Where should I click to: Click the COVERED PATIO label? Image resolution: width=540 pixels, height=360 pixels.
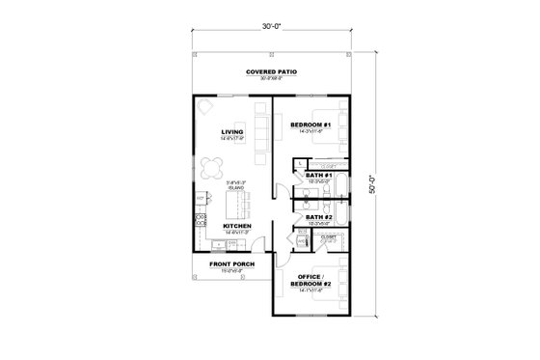270,73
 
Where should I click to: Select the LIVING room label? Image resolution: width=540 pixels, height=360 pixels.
231,131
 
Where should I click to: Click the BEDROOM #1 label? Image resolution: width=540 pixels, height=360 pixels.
310,125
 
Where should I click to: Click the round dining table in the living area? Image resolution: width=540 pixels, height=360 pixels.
213,163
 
